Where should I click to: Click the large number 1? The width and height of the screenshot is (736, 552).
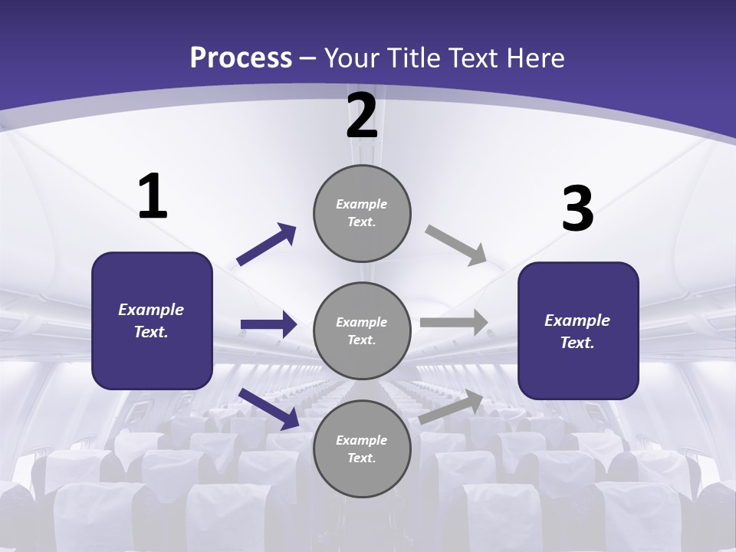153,197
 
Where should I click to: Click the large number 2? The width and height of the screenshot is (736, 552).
362,116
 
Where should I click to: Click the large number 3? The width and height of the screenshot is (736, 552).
577,209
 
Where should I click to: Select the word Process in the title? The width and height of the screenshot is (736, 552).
241,58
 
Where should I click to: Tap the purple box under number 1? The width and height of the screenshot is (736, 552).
152,320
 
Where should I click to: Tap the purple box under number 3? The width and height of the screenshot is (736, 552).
578,331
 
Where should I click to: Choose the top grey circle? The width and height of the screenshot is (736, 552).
362,213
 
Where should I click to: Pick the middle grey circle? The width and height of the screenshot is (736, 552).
362,330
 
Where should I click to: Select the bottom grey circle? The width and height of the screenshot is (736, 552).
362,449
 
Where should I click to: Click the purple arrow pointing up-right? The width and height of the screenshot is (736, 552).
267,245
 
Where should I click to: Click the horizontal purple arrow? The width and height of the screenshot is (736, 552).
268,324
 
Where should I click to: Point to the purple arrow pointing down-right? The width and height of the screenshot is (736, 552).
268,408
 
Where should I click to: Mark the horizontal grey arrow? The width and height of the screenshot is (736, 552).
454,322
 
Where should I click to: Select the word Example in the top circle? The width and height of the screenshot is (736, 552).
362,205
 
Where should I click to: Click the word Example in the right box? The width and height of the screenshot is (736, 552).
577,321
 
